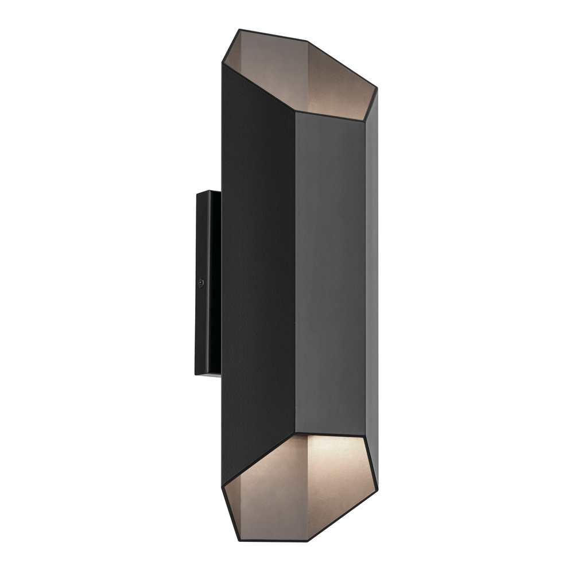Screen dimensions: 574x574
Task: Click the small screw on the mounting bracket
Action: (200, 282)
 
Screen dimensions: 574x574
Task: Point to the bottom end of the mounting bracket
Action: (208, 374)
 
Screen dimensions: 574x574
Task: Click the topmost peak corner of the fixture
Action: (238, 29)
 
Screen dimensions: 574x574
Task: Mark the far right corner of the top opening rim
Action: (377, 88)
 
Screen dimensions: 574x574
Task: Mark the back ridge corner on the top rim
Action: (306, 41)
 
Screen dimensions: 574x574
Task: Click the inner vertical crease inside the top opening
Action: (307, 75)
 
